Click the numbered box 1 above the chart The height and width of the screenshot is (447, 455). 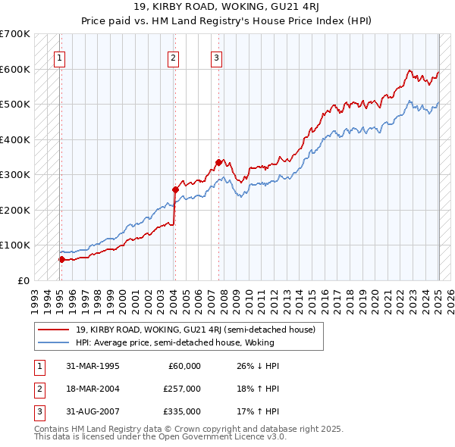point(60,58)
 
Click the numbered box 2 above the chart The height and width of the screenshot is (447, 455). point(174,58)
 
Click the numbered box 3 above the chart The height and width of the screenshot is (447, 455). point(216,58)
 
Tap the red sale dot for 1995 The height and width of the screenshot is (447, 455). point(61,259)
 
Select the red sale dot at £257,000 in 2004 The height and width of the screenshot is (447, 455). point(175,189)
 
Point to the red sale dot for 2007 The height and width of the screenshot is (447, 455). point(218,162)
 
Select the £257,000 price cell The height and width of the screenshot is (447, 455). point(181,389)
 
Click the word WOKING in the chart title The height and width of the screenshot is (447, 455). point(264,10)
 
